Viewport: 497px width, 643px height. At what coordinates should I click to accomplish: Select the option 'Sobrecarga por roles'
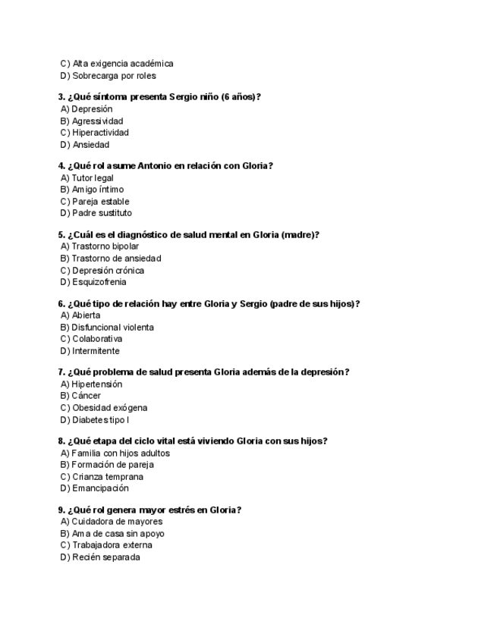coord(108,76)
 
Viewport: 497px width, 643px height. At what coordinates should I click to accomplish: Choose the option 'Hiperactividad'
coord(94,133)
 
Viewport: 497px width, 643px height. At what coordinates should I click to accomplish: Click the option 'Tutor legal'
coord(87,178)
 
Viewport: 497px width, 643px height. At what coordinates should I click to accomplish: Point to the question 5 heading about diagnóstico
coord(189,235)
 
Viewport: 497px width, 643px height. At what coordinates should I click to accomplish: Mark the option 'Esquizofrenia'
coord(93,282)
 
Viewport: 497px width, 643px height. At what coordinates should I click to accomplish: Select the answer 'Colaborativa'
coord(90,339)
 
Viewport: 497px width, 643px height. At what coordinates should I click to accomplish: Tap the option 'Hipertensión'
coord(90,384)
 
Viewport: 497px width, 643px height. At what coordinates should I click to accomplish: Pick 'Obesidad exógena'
coord(103,408)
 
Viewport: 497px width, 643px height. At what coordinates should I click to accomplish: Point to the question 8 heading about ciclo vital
coord(193,441)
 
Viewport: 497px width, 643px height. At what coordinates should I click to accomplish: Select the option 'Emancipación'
coord(94,488)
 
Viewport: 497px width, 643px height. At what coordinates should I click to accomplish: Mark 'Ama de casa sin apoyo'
coord(112,534)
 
